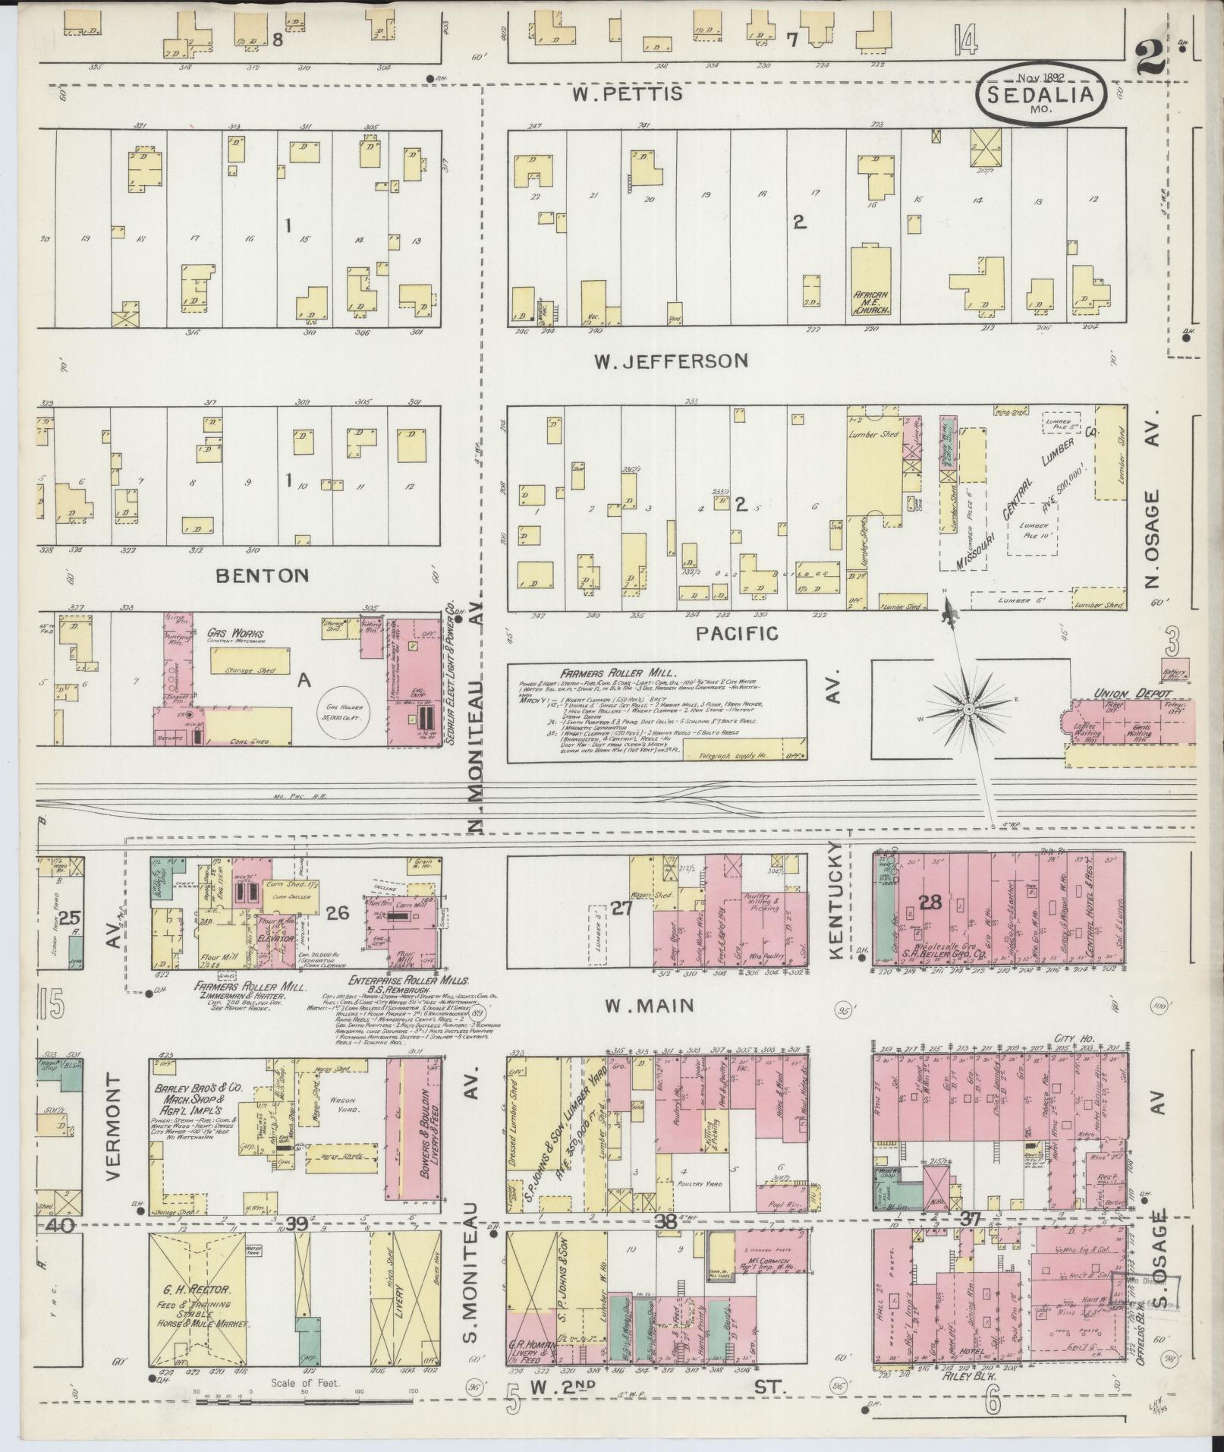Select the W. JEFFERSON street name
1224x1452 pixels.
point(671,361)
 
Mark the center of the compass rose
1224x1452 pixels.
point(969,709)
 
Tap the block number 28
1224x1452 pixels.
point(930,903)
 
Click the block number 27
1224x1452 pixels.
point(622,907)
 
